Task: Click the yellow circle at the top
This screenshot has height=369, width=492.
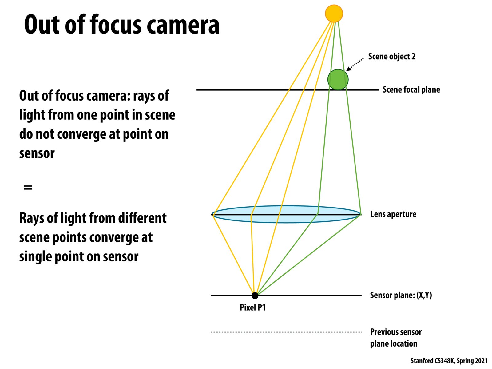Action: [334, 14]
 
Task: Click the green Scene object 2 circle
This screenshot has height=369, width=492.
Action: [338, 80]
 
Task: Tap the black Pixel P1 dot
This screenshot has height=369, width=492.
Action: [255, 296]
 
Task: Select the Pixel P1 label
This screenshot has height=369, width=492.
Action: [252, 307]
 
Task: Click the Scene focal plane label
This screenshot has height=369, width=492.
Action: [411, 89]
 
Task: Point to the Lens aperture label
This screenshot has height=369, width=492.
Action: [393, 214]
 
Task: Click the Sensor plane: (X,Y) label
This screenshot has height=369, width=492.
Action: [401, 295]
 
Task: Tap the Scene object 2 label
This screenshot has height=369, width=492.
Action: [391, 57]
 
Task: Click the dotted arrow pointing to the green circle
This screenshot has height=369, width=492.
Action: [355, 64]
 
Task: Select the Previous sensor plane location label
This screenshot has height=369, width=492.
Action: [395, 338]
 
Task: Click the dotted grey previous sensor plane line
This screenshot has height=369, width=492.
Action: [286, 332]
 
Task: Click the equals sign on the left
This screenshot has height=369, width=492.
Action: [28, 187]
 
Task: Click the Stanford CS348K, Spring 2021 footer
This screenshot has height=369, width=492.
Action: [449, 361]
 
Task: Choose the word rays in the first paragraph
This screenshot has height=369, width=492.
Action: [144, 96]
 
